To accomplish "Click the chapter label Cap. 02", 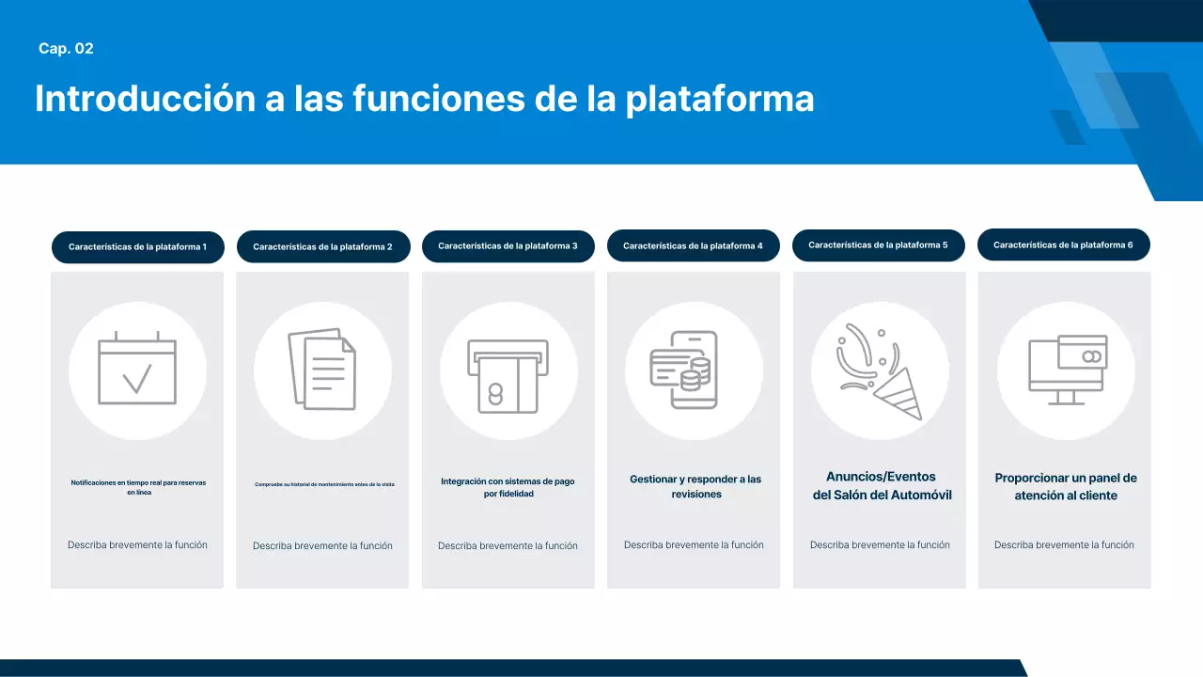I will (x=66, y=49).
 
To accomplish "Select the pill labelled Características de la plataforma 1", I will (x=137, y=247).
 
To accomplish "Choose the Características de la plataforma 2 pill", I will (x=322, y=247).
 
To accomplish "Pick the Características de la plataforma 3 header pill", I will (x=508, y=246).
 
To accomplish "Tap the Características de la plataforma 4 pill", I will (x=693, y=246).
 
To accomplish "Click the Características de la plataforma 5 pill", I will (x=878, y=245).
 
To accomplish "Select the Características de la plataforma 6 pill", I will (x=1063, y=245).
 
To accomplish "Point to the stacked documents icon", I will (x=322, y=369).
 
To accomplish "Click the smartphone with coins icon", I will (x=693, y=370).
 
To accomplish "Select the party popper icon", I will (x=880, y=370).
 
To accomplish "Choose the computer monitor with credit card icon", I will (x=1066, y=370).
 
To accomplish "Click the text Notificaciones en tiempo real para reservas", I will (x=138, y=483).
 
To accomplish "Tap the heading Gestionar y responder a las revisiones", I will (x=695, y=486).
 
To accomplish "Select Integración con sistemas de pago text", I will (x=508, y=481).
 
